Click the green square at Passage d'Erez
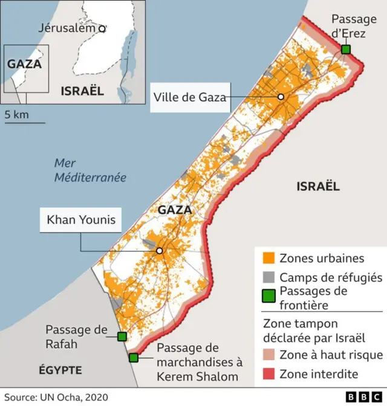click(x=345, y=49)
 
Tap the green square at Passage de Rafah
click(x=122, y=337)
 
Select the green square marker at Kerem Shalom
click(x=133, y=358)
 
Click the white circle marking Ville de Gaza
click(x=281, y=97)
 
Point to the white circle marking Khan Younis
click(x=160, y=251)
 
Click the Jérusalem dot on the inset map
click(x=102, y=28)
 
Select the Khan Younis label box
click(x=81, y=220)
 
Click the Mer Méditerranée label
click(x=89, y=170)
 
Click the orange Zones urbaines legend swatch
click(x=268, y=258)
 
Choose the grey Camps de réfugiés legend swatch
click(x=268, y=277)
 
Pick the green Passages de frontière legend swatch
click(x=268, y=297)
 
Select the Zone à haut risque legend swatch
click(x=268, y=355)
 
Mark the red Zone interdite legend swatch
click(x=268, y=374)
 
